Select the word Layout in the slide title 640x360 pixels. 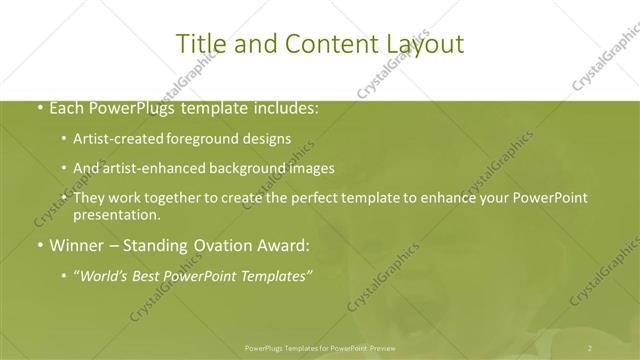(420, 44)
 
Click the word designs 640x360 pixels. (271, 139)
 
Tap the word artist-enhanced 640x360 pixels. (164, 168)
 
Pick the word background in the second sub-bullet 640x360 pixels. (260, 168)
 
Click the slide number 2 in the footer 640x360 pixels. (590, 348)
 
